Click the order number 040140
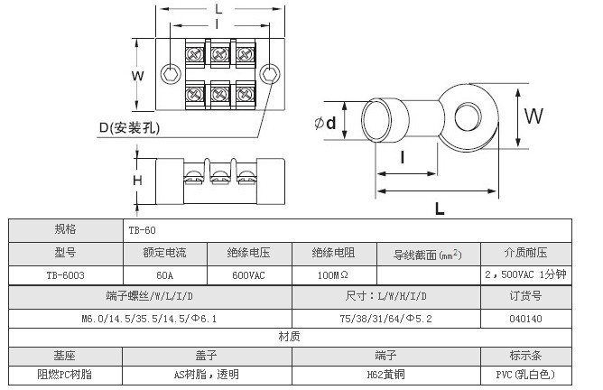click(525, 318)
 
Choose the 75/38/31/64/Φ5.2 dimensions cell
click(385, 318)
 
